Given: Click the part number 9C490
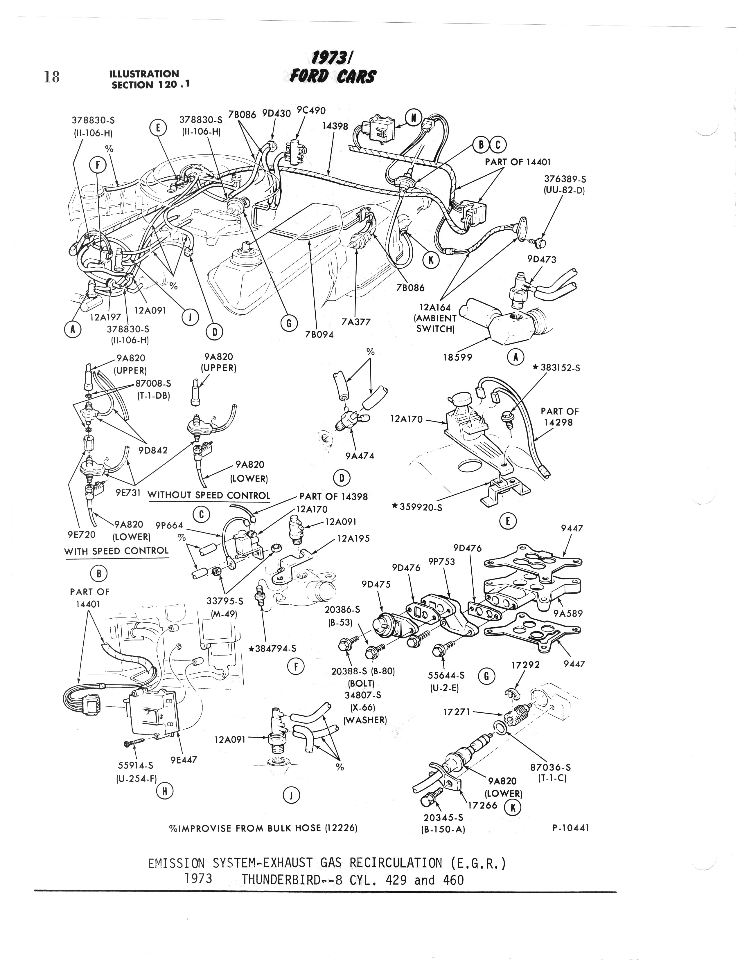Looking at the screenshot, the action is point(311,110).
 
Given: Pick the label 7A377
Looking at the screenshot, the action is point(356,322).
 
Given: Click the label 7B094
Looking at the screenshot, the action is point(319,334).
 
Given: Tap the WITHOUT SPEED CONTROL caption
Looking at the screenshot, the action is point(209,495).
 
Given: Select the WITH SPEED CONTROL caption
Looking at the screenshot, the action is point(117,551).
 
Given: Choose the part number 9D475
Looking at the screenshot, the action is point(376,584).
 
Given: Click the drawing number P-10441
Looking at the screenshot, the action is point(570,828).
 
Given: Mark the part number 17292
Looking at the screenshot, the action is point(525,665).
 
